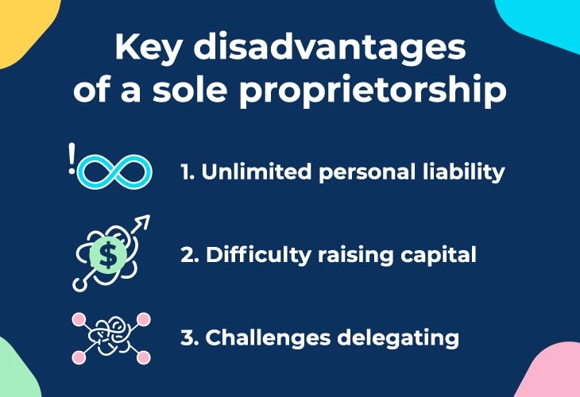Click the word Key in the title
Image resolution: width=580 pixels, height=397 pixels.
pos(147,48)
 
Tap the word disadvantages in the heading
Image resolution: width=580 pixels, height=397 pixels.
pos(330,48)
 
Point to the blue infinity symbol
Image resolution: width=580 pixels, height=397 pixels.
pos(114,172)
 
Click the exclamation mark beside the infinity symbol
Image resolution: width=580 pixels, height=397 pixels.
pos(72,158)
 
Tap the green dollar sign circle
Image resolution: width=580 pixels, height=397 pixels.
pos(108,255)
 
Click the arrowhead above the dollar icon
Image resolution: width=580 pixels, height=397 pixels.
pos(143,221)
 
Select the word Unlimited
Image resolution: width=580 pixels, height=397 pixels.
pos(257,172)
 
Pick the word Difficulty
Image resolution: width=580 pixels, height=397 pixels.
pos(258,256)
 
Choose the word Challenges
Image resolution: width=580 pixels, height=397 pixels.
pos(268,338)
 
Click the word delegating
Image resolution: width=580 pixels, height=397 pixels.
pos(398,338)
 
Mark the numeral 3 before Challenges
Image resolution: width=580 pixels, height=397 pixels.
pos(188,338)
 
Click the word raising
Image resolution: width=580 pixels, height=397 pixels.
pos(355,256)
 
